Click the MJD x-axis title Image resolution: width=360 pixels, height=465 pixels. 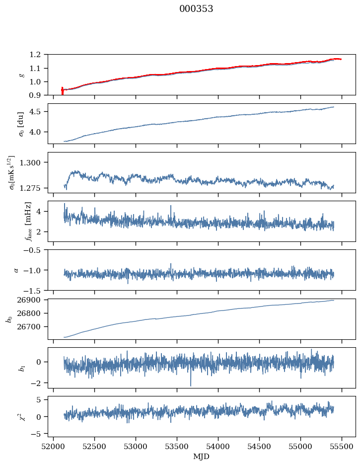click(x=201, y=457)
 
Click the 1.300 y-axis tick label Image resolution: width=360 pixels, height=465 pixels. click(x=33, y=162)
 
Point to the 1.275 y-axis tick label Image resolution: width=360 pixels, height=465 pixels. click(x=33, y=188)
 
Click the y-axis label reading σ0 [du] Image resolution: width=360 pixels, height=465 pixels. click(x=21, y=124)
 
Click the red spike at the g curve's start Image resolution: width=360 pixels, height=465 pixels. click(x=62, y=90)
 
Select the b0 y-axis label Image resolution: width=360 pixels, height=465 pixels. click(x=8, y=318)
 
